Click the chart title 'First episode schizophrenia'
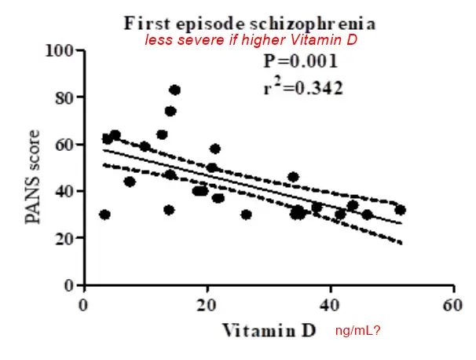click(x=254, y=23)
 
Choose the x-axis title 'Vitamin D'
click(x=269, y=330)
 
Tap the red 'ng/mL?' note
click(x=358, y=332)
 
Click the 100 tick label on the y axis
click(x=61, y=51)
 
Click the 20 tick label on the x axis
click(x=207, y=304)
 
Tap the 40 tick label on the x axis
click(x=331, y=304)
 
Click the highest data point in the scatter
click(x=174, y=90)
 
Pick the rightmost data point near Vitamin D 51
click(x=400, y=210)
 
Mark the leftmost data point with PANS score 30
click(x=104, y=215)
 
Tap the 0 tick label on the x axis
click(x=84, y=304)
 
